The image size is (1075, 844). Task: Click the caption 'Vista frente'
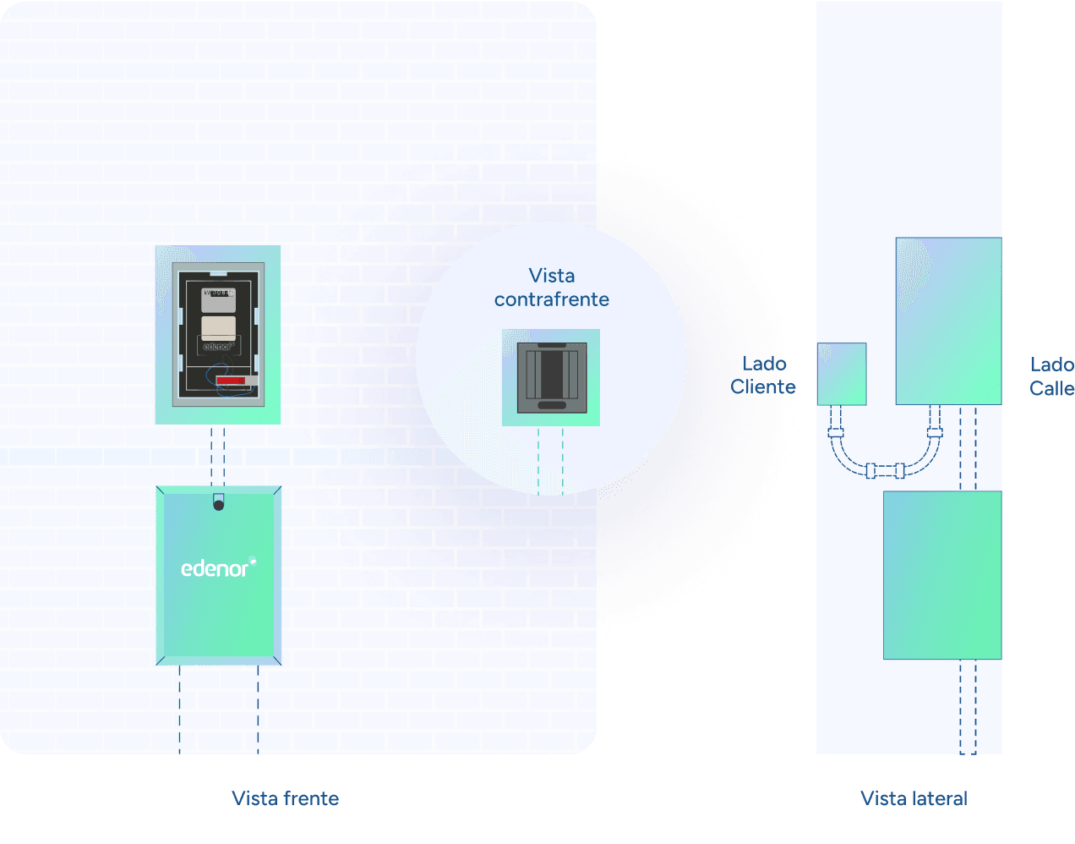point(285,798)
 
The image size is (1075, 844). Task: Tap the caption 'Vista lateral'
point(914,798)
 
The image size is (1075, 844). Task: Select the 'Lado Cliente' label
point(763,375)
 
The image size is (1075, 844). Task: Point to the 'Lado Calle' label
point(1051,376)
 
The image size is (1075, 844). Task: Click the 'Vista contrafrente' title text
point(552,288)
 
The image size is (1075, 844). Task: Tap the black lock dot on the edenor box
point(218,505)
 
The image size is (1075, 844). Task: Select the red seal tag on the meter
point(231,381)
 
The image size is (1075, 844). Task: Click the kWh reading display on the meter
point(218,293)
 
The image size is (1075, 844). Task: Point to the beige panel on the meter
point(218,326)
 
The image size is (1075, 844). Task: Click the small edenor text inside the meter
point(217,347)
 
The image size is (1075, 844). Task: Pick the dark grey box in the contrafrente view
point(552,377)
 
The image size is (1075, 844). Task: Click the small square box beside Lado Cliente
point(842,374)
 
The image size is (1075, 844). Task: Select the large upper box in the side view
point(948,321)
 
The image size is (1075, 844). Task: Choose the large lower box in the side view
point(942,575)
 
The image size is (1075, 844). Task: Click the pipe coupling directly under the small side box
point(836,432)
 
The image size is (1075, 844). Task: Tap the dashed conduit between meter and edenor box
point(218,454)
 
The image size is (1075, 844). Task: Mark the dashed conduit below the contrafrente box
point(550,460)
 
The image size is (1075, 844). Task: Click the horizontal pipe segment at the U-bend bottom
point(885,470)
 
